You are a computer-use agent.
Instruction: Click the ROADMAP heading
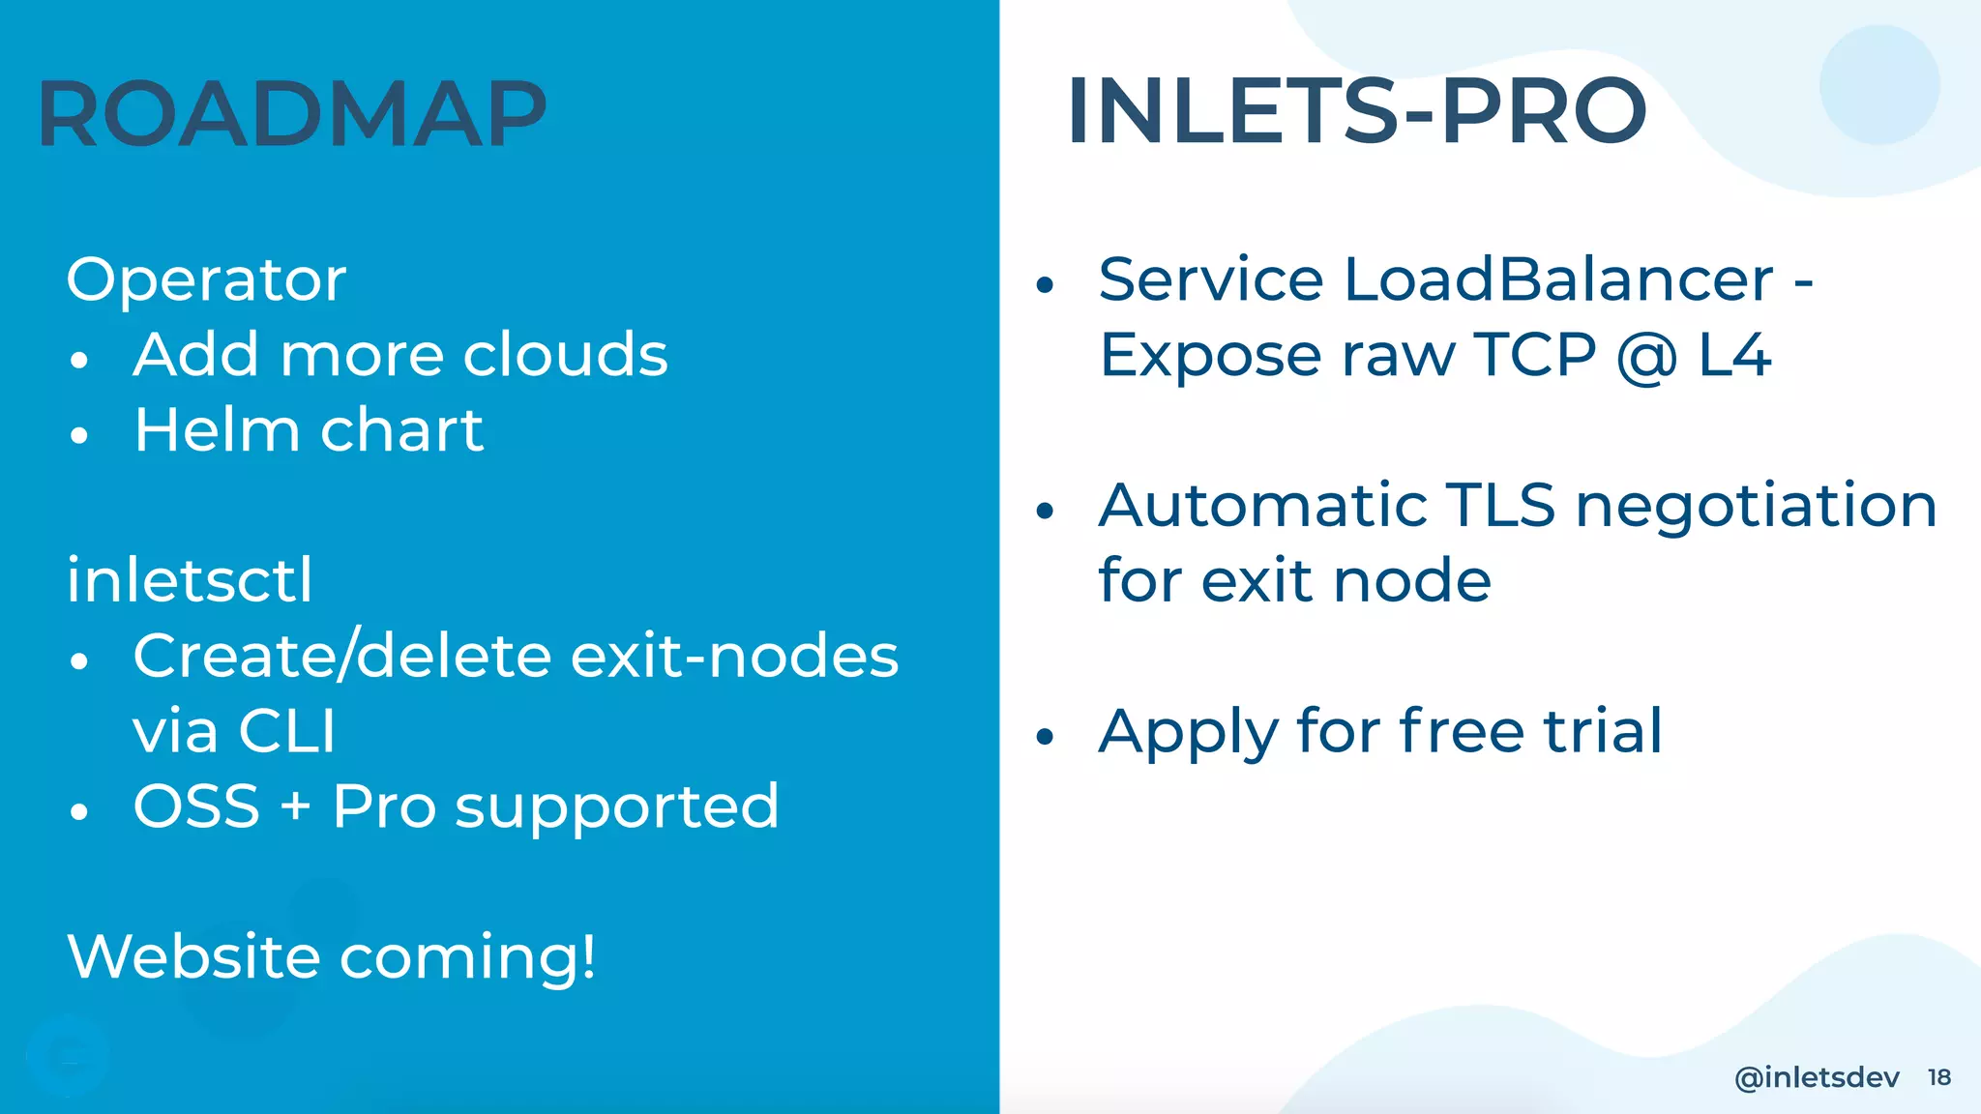click(x=292, y=114)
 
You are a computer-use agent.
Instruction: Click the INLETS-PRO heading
click(x=1356, y=112)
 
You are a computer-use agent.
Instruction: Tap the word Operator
click(x=206, y=280)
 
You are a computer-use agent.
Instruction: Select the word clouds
click(x=565, y=354)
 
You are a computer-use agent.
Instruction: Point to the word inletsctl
click(x=190, y=580)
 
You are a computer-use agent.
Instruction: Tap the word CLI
click(x=286, y=731)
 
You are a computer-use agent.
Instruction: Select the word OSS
click(x=196, y=806)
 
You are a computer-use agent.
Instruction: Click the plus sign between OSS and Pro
click(x=296, y=806)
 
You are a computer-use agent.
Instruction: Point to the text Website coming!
click(x=332, y=957)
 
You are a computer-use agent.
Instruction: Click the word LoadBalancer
click(x=1558, y=280)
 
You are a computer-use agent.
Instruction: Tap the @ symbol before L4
click(x=1646, y=356)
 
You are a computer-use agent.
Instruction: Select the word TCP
click(x=1534, y=354)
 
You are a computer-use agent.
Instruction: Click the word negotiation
click(x=1756, y=507)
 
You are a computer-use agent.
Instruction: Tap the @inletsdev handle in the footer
click(x=1817, y=1077)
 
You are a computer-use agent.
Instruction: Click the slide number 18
click(x=1938, y=1077)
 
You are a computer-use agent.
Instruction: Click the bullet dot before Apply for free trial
click(x=1044, y=737)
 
